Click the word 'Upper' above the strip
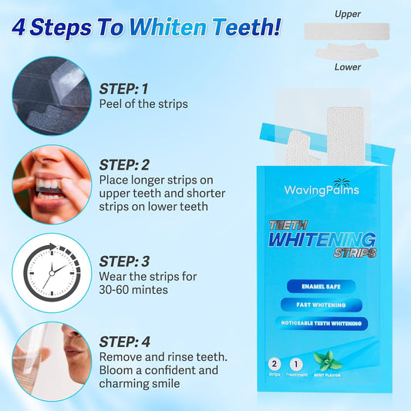(x=348, y=14)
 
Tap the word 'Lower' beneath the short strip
(x=348, y=67)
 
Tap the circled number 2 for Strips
(x=275, y=362)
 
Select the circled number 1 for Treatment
(x=295, y=362)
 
